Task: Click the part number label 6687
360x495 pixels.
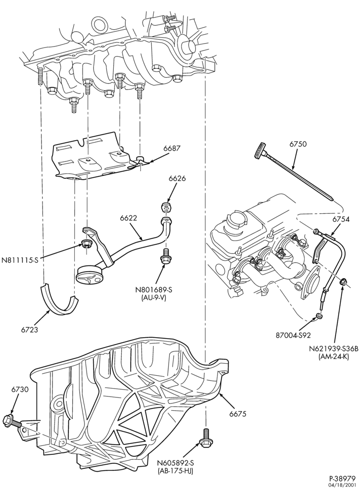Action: pos(172,148)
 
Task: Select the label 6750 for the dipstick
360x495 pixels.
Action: pos(298,144)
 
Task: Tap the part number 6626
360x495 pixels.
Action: pos(177,178)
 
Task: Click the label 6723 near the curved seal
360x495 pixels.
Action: pos(30,330)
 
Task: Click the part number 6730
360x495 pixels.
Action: pos(20,398)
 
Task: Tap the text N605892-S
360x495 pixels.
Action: pos(176,463)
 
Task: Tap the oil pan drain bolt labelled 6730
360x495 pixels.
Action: pos(12,422)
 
